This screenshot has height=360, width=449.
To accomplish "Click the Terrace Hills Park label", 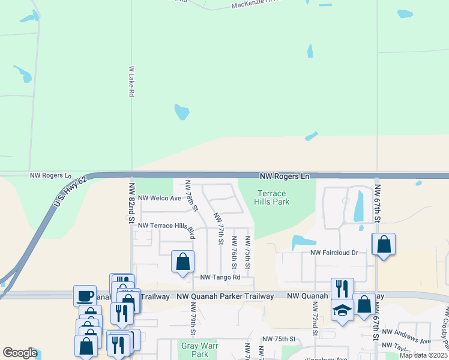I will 273,197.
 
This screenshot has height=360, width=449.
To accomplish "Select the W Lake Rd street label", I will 131,82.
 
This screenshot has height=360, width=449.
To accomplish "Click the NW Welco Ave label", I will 159,198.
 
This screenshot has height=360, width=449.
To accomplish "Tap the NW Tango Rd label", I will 220,277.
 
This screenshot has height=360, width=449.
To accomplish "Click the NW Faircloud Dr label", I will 334,253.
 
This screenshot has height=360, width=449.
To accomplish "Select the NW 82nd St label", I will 130,195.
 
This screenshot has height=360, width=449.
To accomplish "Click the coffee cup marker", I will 85,295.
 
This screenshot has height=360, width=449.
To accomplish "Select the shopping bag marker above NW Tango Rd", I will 183,262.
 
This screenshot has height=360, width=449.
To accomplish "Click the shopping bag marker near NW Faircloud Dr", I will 384,244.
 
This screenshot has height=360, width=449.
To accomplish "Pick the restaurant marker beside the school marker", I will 342,289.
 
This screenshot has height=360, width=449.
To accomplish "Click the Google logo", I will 20,353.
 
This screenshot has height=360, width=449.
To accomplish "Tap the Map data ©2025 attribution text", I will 423,355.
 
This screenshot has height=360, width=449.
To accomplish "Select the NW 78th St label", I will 191,195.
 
